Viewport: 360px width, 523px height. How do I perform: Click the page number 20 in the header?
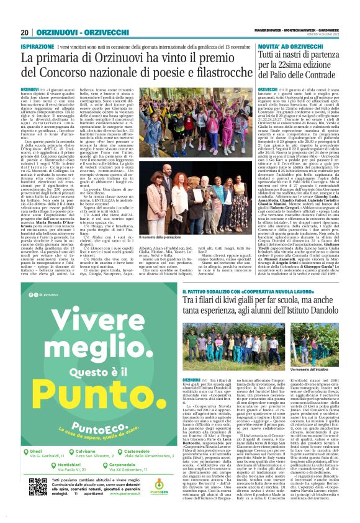[x=25, y=33]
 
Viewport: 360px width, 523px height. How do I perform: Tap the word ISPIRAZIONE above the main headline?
[x=37, y=47]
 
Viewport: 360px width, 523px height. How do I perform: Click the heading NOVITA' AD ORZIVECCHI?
[x=269, y=47]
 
